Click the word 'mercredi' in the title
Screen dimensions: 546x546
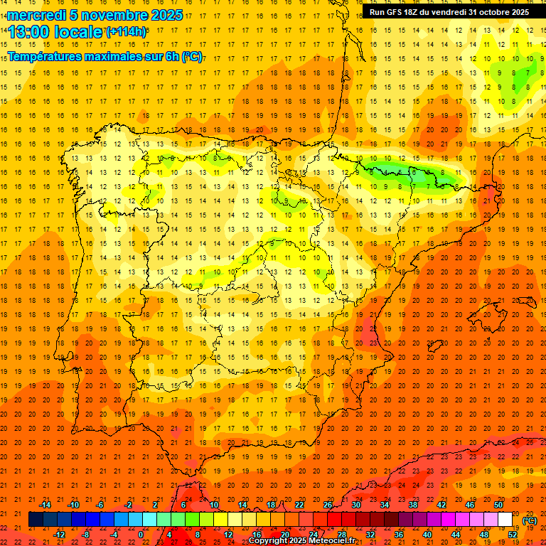point(37,15)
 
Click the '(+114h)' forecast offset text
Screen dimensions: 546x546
point(127,32)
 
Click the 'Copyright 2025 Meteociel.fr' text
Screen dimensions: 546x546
point(301,541)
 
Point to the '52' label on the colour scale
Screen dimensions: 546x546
point(513,535)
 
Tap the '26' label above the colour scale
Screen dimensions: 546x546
point(328,505)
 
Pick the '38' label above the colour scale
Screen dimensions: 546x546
point(413,505)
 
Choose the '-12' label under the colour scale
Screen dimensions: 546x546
point(59,535)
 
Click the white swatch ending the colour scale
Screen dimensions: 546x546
point(505,520)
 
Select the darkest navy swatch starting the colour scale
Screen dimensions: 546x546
point(36,520)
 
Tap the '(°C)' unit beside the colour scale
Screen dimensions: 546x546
point(529,520)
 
